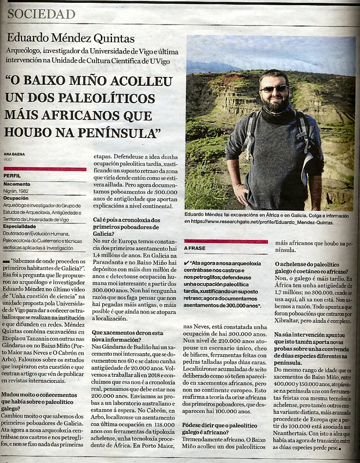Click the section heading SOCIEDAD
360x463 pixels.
41,14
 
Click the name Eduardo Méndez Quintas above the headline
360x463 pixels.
71,39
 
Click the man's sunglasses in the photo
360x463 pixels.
274,88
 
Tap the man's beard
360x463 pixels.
276,104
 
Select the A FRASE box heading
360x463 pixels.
195,248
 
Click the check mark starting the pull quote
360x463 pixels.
187,264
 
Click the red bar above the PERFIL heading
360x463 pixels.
45,169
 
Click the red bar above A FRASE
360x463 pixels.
226,241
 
